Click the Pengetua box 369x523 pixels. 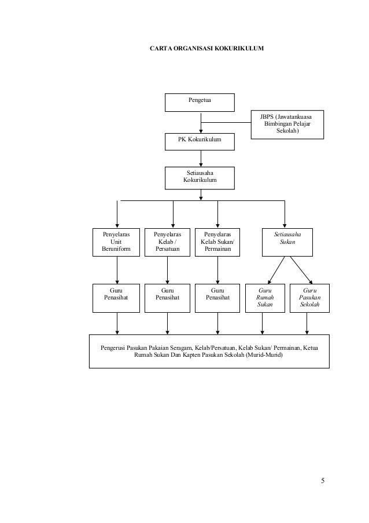[200, 103]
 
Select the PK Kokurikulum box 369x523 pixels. [200, 142]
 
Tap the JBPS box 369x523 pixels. [287, 125]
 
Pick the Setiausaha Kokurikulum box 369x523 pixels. [200, 178]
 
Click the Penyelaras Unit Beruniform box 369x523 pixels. [116, 242]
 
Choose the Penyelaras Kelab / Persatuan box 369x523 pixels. [167, 242]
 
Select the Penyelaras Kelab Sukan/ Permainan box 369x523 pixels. [217, 242]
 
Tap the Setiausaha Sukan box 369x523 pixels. [287, 242]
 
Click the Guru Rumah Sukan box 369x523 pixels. [265, 298]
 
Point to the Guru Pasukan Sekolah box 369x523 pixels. [309, 298]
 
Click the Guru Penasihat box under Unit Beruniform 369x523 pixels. [116, 298]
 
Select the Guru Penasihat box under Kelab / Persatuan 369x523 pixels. [167, 298]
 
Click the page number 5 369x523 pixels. [323, 481]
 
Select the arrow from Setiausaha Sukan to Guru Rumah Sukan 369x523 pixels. [276, 270]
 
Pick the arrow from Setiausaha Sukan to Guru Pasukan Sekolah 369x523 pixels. [301, 270]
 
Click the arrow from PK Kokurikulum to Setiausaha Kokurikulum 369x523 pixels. [201, 159]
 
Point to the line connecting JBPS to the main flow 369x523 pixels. [226, 122]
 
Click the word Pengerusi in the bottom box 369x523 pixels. [113, 348]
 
